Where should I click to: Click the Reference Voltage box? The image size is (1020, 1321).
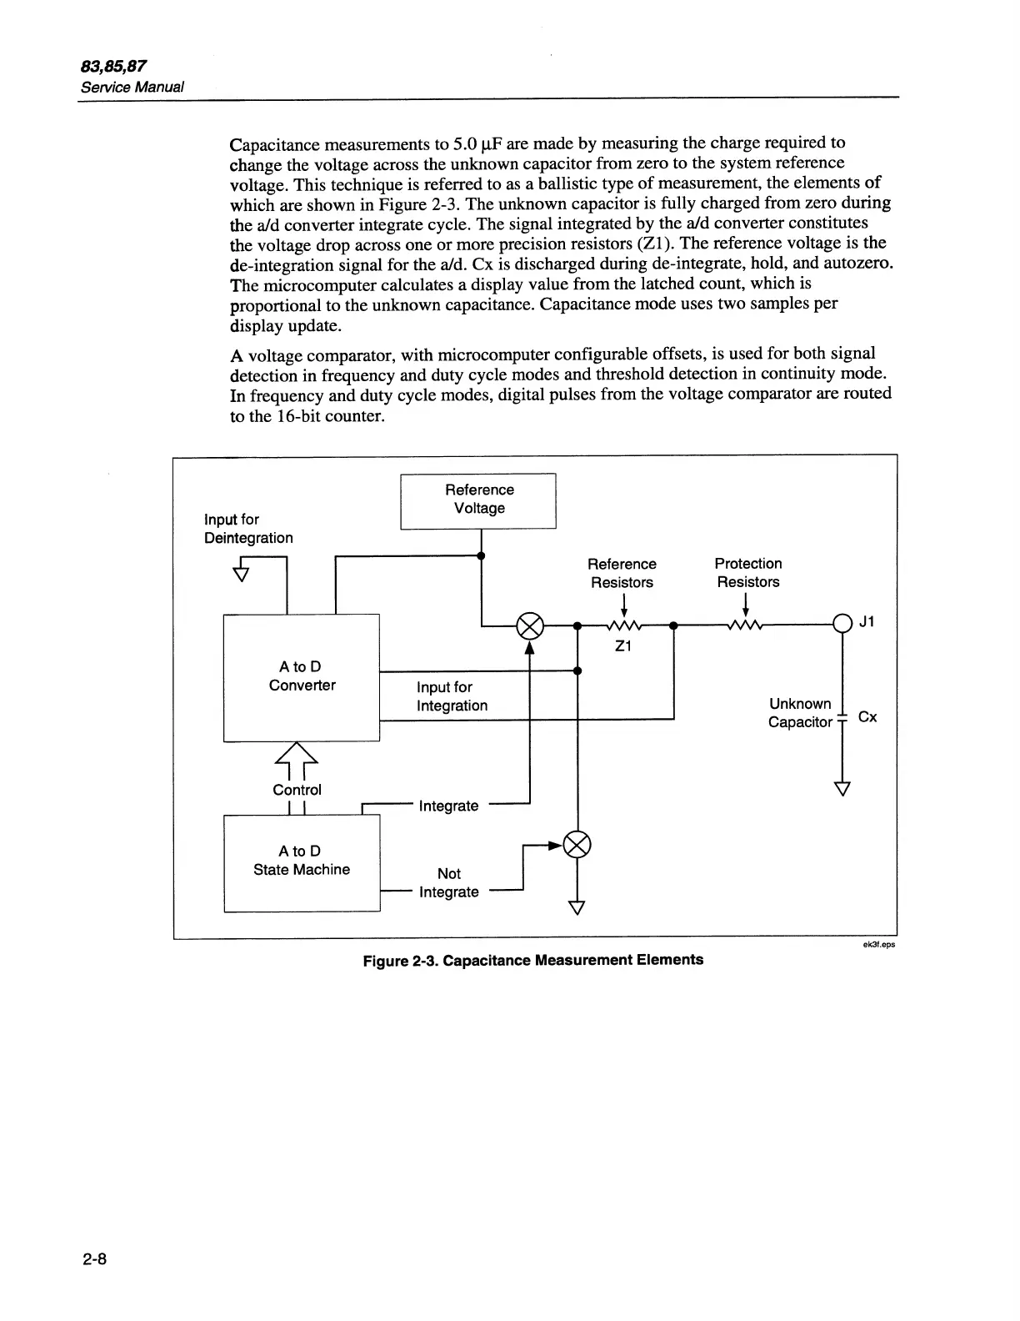point(478,500)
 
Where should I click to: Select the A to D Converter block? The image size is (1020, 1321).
point(301,677)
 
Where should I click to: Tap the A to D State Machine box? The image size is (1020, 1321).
point(301,861)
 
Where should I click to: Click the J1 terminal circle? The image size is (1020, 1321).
point(842,623)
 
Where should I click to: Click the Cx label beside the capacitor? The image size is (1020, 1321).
point(867,717)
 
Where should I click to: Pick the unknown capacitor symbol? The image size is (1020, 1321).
point(842,717)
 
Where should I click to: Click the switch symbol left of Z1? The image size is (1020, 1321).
point(530,624)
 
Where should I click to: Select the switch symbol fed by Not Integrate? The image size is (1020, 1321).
point(577,845)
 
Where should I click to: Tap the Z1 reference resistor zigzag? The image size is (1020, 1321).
point(623,625)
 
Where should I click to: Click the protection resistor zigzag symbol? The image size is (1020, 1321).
point(744,625)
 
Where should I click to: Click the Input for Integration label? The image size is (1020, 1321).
point(452,696)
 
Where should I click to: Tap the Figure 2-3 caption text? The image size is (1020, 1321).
point(532,960)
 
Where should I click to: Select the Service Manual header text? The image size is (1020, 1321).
point(132,87)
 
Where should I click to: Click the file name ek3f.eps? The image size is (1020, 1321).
point(878,945)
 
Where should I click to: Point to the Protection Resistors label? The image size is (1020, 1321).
point(748,573)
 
